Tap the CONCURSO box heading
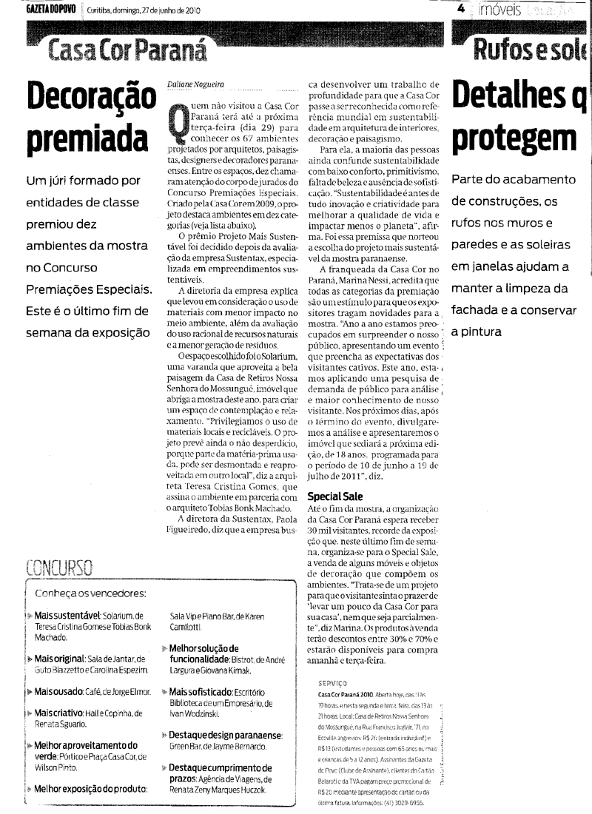tap(59, 568)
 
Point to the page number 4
tap(460, 9)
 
